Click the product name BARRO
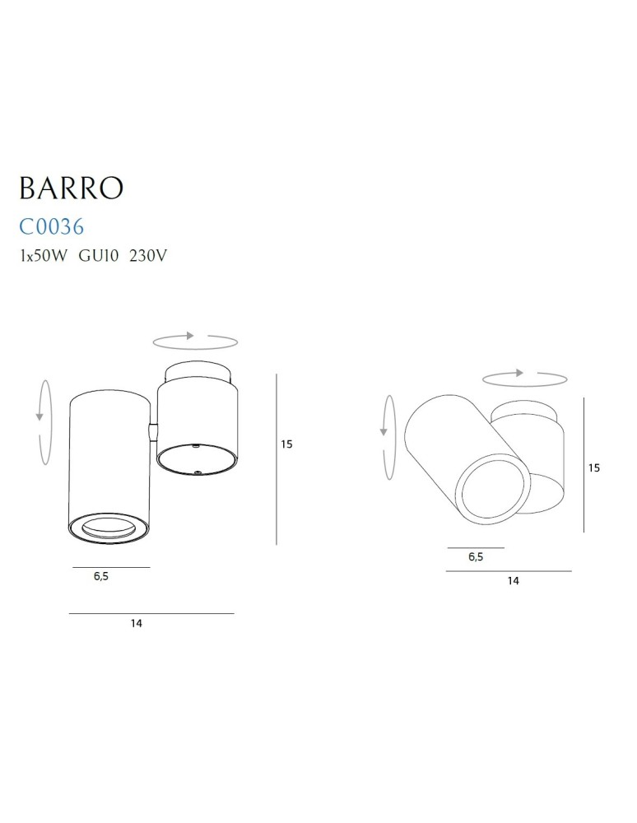71,188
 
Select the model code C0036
52,226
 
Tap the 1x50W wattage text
44,256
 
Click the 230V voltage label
149,256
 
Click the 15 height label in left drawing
286,444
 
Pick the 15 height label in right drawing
594,467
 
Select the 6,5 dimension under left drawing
101,577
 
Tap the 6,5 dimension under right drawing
475,556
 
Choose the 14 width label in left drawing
137,624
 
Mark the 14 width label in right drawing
513,581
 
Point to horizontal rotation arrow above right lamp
525,378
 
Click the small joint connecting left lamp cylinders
152,430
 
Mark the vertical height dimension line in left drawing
276,459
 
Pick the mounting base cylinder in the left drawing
197,424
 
